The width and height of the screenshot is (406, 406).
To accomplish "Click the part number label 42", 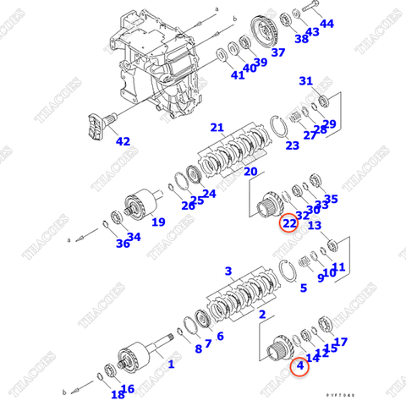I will pos(123,141).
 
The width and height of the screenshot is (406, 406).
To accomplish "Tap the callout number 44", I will pos(326,24).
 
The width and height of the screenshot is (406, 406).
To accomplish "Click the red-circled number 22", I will pos(290,223).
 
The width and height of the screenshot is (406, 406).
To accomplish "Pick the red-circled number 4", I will pos(300,367).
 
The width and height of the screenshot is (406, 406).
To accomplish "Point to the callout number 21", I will pos(217,128).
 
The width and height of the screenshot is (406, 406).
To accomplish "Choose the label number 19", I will pos(158,223).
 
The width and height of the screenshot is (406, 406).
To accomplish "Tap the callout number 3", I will pos(228,271).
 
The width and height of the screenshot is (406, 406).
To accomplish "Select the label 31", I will pos(306,81).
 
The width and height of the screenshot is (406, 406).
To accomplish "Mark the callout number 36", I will pos(123,244).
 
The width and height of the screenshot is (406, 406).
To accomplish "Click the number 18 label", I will pos(116,393).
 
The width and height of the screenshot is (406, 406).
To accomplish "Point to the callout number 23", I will pos(292,145).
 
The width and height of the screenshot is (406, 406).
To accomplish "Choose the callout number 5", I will pos(303,288).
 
